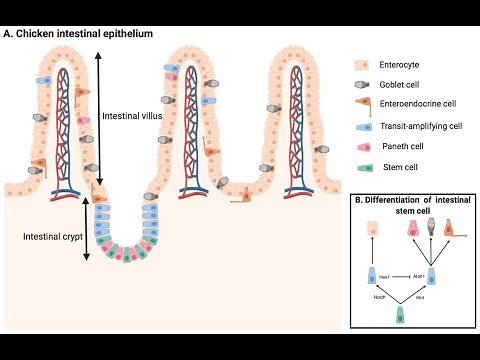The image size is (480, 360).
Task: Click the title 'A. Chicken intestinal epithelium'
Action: (79, 33)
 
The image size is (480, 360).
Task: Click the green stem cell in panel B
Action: (400, 315)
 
